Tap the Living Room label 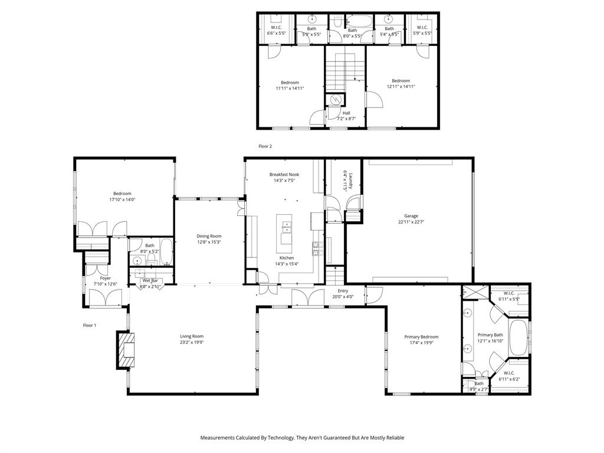(192, 336)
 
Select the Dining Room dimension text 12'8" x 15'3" (209, 242)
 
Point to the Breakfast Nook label (284, 175)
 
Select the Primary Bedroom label (421, 337)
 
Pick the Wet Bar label (150, 281)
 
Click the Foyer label (105, 278)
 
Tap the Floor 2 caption (265, 146)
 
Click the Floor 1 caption (89, 325)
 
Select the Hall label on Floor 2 (346, 113)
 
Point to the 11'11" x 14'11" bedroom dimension (290, 88)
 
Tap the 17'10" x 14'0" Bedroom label (122, 193)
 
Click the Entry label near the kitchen (343, 291)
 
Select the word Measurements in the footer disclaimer (218, 438)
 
